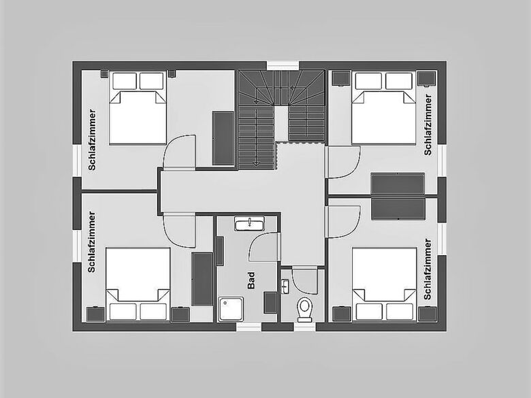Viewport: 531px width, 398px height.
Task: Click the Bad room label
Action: point(251,280)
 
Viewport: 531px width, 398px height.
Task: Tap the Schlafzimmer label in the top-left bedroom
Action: point(92,139)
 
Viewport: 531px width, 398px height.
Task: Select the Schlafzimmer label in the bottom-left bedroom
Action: point(91,242)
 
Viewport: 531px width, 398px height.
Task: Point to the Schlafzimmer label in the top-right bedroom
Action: point(428,125)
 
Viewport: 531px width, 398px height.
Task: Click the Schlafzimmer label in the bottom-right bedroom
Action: point(428,269)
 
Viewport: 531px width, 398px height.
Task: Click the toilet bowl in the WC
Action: point(304,310)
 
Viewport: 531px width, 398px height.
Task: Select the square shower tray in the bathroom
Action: point(231,309)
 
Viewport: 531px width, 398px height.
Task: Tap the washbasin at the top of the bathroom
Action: point(249,224)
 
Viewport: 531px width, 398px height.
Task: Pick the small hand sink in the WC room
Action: point(285,286)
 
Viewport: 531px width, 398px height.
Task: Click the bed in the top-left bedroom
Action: point(138,108)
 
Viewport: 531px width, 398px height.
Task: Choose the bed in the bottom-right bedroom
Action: point(384,284)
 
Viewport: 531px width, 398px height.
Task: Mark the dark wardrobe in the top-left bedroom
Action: point(223,138)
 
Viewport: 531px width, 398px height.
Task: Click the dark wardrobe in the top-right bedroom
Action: point(398,184)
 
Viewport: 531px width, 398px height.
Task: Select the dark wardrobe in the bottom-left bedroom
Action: point(202,279)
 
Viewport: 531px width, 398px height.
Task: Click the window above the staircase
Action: point(283,65)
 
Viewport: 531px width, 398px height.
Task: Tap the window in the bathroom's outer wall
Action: point(249,327)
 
